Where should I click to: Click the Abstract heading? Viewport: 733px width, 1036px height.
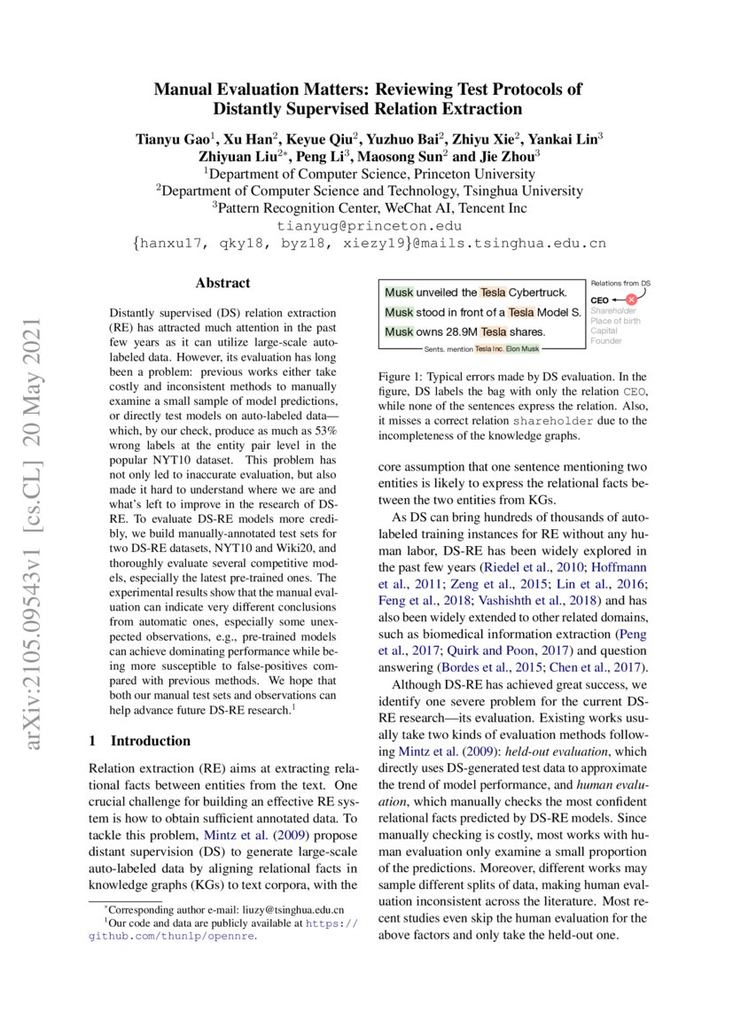coord(222,284)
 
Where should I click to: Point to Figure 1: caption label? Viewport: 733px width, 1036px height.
coord(401,378)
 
